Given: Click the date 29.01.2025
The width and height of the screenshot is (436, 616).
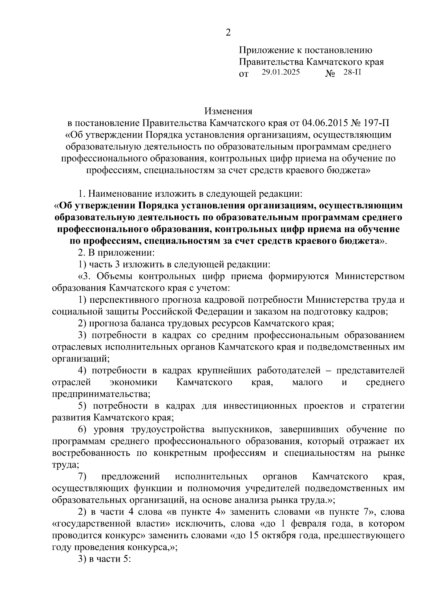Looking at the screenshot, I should pyautogui.click(x=280, y=72).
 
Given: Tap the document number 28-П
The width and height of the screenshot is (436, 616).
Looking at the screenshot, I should pyautogui.click(x=352, y=72).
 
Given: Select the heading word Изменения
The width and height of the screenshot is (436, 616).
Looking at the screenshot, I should pyautogui.click(x=228, y=111).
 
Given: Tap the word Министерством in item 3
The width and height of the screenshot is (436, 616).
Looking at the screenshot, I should pyautogui.click(x=370, y=276).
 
